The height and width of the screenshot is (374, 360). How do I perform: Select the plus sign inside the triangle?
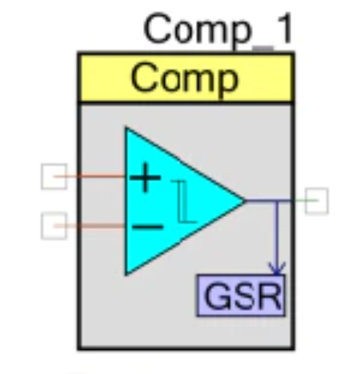[x=145, y=177]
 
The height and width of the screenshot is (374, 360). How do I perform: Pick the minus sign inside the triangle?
[x=148, y=227]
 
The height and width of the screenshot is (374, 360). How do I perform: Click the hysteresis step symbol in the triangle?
[x=183, y=201]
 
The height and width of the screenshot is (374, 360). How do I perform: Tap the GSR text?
[x=242, y=296]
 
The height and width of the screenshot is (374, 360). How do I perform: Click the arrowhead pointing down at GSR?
[x=277, y=269]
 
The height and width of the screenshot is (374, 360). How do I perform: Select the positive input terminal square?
[x=54, y=176]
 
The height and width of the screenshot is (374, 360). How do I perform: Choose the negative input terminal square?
[x=54, y=226]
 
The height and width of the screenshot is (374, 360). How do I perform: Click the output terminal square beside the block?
[x=316, y=201]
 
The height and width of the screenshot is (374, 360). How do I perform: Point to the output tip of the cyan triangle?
[x=244, y=201]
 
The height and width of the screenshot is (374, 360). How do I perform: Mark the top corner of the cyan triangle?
[x=126, y=128]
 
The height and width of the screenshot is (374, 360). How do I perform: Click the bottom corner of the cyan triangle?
[x=126, y=275]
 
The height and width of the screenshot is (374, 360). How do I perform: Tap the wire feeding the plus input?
[x=89, y=176]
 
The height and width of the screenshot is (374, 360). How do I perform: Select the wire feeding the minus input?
[x=89, y=226]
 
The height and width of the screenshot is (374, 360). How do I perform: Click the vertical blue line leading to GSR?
[x=277, y=237]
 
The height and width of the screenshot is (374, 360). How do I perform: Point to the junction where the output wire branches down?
[x=277, y=201]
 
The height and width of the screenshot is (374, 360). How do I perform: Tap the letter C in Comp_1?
[x=157, y=29]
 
